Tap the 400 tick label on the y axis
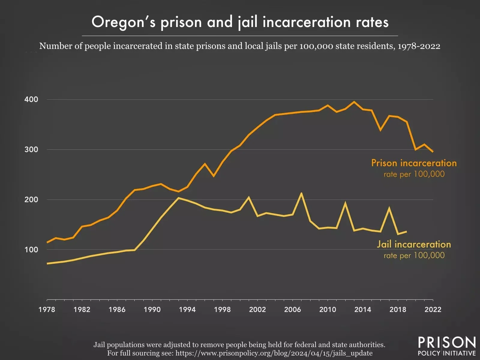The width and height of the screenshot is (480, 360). [31, 100]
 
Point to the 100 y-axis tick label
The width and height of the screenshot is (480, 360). [31, 250]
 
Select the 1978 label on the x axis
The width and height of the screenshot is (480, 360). [47, 310]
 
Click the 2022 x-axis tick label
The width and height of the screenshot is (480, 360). [433, 310]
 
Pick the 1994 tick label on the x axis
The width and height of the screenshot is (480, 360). [187, 310]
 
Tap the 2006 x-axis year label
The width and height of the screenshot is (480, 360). [292, 310]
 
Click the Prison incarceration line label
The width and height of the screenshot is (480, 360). [414, 163]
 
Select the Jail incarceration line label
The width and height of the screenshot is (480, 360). [414, 244]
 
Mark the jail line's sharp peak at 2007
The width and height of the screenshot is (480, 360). [301, 193]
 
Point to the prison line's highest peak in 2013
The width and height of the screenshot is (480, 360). [354, 102]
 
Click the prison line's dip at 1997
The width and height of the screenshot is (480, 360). [214, 176]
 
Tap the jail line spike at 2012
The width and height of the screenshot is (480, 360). [345, 203]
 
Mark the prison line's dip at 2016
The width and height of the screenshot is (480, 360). [380, 130]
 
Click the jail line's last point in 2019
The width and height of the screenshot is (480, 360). [406, 231]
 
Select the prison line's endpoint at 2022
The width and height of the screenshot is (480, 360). [433, 151]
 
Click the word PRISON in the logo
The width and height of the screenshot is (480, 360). [447, 343]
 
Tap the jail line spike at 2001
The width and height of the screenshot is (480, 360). [249, 197]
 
